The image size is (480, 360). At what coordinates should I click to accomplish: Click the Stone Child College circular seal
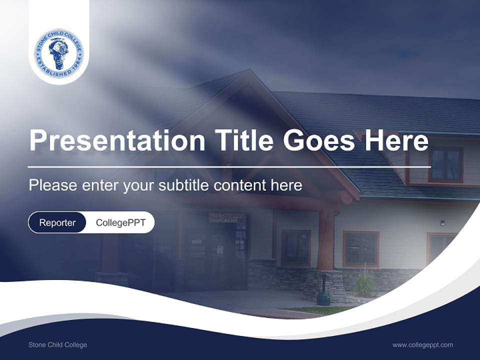pos(59,53)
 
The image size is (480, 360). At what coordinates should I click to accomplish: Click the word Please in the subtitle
pos(52,185)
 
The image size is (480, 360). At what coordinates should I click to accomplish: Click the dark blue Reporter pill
pos(57,222)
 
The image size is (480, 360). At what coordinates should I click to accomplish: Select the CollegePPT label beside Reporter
pos(120,222)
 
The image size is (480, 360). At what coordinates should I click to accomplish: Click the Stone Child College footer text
pos(57,345)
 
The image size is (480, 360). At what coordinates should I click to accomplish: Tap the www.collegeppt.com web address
pos(422,345)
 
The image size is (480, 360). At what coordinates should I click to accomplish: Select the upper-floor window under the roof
pos(445,164)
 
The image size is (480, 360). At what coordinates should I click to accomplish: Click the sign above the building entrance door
pos(226,217)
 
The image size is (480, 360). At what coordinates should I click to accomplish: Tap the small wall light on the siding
pos(442,223)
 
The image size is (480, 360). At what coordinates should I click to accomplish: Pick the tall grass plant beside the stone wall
pos(365,284)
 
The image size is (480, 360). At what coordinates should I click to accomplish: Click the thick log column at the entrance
pos(326,240)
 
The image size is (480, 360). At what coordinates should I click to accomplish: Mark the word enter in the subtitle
pos(100,185)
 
